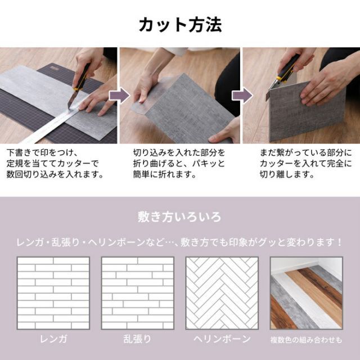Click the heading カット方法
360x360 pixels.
[x=180, y=25]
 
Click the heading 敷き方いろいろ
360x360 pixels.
[x=180, y=216]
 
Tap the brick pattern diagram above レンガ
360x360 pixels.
[x=53, y=293]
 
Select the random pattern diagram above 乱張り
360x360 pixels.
[x=137, y=293]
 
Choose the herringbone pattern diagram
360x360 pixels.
[x=222, y=293]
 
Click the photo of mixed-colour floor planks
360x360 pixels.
[x=305, y=293]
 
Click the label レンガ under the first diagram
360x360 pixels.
[x=53, y=339]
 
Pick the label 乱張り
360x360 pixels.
[x=137, y=339]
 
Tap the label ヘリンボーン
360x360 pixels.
[x=222, y=339]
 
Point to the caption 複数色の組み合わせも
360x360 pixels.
[x=305, y=340]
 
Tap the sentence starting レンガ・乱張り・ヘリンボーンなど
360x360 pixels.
[x=180, y=242]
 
